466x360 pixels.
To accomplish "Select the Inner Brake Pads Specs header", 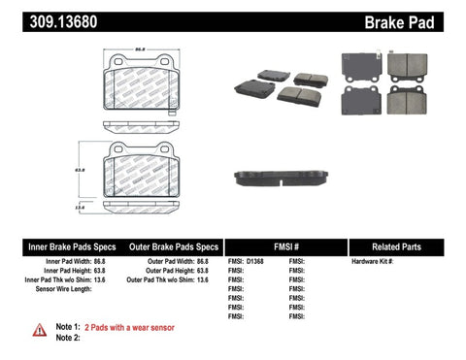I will coord(56,246).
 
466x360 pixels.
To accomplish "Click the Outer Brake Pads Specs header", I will coord(169,246).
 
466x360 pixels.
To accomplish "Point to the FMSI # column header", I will coord(284,246).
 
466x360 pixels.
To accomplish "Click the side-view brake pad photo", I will coord(282,179).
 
